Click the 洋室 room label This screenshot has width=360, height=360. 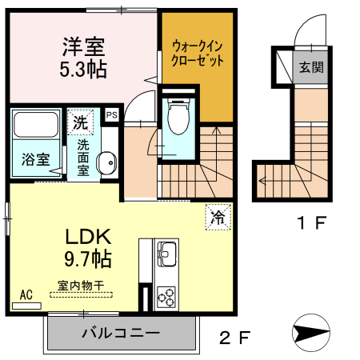coord(82,46)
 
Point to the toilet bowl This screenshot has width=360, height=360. coord(178,118)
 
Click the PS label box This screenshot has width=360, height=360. coord(111,114)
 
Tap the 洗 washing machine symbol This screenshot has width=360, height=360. coord(80,122)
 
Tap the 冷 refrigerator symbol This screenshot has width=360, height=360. coord(217,215)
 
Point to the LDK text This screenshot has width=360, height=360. coord(86,238)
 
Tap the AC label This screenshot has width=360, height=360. coord(26,294)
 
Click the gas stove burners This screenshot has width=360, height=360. coord(167,298)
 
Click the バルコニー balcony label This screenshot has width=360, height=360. coord(120,332)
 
